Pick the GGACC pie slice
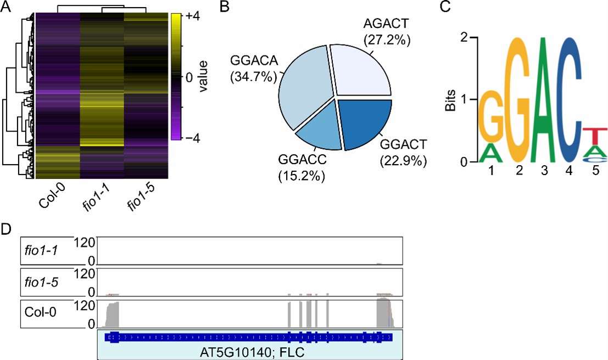pyautogui.click(x=318, y=126)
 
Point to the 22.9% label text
pyautogui.click(x=403, y=162)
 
